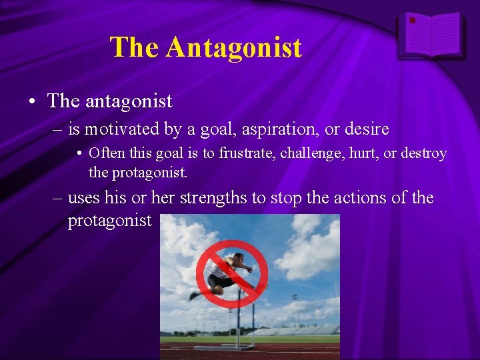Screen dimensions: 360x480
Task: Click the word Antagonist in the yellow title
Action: pos(234,47)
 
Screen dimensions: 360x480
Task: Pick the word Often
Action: pos(103,153)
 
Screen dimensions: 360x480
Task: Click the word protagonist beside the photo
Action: pos(110,221)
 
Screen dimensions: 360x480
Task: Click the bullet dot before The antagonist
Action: pos(31,102)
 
